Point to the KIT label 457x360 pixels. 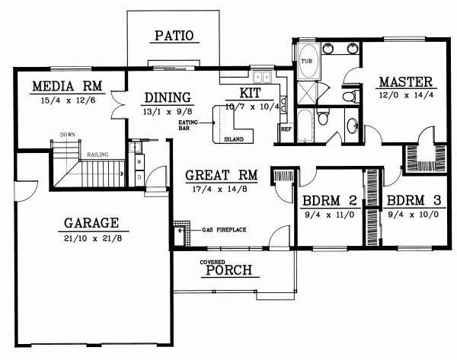[251, 92]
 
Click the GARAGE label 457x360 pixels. [91, 223]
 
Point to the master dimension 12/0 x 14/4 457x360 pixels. [405, 95]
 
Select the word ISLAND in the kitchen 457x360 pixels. [236, 139]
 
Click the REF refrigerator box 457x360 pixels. [286, 129]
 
